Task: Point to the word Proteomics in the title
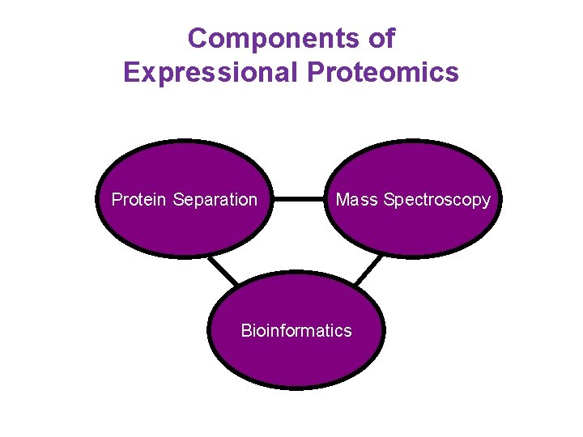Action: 383,73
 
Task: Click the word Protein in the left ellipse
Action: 139,199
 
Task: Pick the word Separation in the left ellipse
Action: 215,199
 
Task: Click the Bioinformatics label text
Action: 296,330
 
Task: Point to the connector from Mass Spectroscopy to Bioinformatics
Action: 368,270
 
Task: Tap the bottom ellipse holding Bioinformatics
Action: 296,360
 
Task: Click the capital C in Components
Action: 198,38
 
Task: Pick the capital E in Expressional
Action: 131,73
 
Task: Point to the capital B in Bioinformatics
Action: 246,330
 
